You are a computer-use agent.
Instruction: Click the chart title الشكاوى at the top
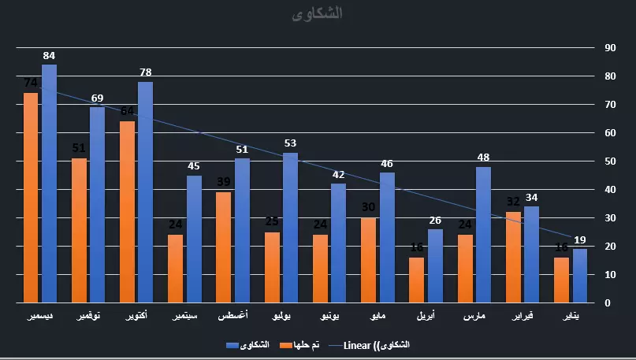317,14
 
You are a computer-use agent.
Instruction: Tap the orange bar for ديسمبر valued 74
31,198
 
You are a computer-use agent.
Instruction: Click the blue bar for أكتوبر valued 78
145,192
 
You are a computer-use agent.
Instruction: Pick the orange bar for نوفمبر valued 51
79,230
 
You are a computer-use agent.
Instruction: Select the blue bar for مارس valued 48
483,235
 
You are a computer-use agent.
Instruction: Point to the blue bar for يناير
580,276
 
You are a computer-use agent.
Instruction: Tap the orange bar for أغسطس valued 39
224,247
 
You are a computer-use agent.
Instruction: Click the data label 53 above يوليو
290,143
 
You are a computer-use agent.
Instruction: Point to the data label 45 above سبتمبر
194,166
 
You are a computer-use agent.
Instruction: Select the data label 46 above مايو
387,164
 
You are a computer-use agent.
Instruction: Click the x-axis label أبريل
426,316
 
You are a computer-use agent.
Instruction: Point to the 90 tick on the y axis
610,48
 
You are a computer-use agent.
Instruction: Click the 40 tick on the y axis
610,190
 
